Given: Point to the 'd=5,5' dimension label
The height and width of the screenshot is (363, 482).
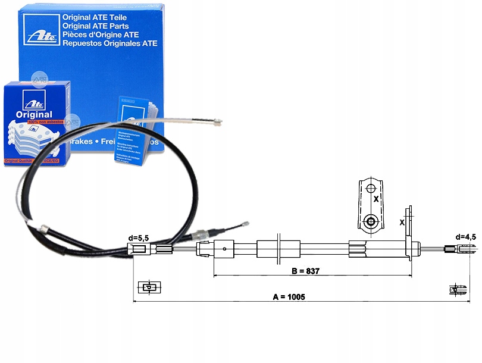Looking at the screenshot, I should tap(138, 238).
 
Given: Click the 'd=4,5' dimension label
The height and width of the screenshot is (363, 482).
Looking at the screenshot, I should tap(465, 237).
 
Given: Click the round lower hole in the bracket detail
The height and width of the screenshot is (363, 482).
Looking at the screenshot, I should tap(371, 223).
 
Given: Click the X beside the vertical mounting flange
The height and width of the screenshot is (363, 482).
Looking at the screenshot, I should tap(402, 223).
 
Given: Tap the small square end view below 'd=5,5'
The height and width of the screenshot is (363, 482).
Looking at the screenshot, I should tap(148, 287).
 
